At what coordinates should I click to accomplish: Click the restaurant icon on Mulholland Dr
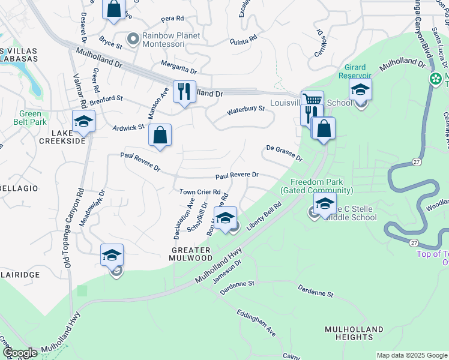click(184, 92)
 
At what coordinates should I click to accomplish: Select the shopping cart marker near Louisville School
click(312, 100)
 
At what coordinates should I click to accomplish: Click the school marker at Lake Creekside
click(83, 122)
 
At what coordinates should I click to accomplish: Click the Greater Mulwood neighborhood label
click(191, 254)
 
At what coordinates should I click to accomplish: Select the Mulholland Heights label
click(354, 334)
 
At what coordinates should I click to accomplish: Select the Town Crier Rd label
click(200, 192)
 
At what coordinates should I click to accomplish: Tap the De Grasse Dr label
click(284, 153)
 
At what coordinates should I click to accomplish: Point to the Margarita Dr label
click(178, 71)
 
